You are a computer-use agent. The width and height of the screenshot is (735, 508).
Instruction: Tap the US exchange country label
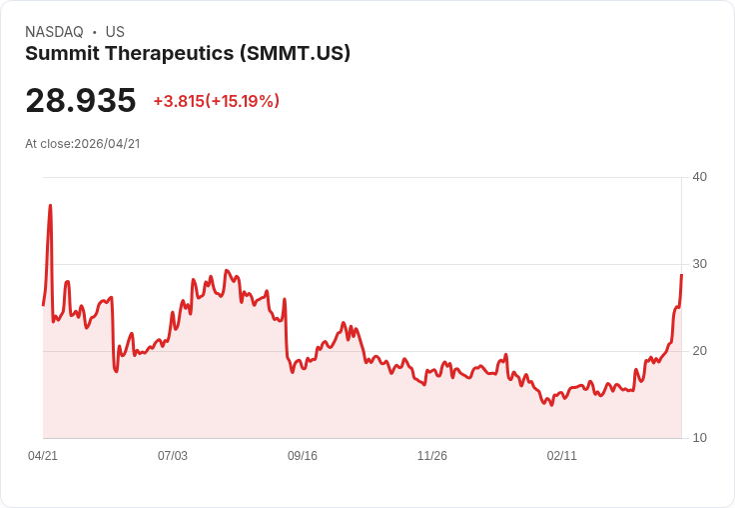coord(115,32)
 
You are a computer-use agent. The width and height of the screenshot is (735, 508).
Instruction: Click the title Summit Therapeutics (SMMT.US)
coord(188,54)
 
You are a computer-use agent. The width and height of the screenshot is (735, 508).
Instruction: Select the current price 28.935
coord(81,100)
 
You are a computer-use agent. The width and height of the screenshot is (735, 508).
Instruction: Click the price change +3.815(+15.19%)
coord(216,101)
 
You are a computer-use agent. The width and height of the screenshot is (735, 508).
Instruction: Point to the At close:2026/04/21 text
coord(83,143)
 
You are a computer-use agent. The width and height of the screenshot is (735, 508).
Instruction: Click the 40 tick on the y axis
coord(699,177)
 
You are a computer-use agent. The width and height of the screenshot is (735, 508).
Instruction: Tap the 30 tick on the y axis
coord(699,264)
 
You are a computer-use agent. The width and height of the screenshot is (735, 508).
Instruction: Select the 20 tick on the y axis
coord(699,351)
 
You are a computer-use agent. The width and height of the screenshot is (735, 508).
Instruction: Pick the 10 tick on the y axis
coord(699,438)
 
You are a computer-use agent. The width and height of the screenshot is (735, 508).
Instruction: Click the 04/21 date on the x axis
coord(43,456)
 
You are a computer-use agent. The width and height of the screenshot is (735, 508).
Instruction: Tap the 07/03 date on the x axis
coord(173,456)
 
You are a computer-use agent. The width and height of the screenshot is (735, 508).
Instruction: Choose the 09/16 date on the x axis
coord(303,456)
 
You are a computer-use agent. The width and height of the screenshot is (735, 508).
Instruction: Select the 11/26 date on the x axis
coord(432,456)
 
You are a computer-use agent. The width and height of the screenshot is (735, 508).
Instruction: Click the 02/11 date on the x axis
coord(562,456)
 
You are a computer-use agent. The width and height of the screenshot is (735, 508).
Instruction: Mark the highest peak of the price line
coord(50,206)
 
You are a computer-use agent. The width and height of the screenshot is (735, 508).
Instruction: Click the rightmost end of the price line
coord(681,275)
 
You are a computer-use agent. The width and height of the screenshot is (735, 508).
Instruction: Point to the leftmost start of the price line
coord(43,304)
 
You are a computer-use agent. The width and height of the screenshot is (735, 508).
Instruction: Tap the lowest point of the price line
coord(550,404)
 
